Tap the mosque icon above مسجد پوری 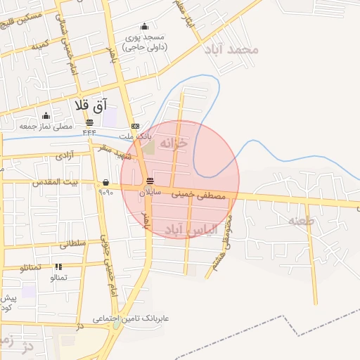(145, 26)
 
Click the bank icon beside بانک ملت (135, 126)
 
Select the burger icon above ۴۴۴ (89, 122)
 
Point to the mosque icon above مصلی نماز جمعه (46, 116)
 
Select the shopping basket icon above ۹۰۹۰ (105, 182)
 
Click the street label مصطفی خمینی (200, 195)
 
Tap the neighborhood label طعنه (303, 221)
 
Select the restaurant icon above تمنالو (58, 267)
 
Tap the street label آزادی (64, 153)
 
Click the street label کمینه (40, 44)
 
